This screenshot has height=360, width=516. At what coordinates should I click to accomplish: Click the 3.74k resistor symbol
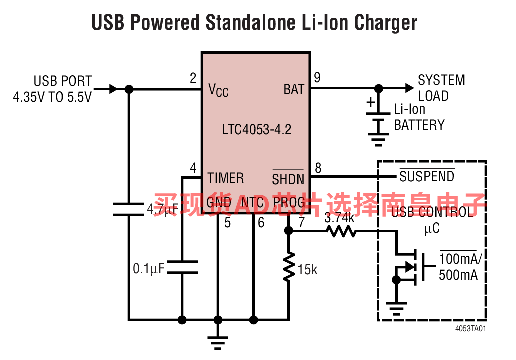(341, 231)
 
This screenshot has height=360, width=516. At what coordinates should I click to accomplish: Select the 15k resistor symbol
(288, 268)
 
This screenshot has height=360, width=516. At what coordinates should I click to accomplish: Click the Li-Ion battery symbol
(379, 123)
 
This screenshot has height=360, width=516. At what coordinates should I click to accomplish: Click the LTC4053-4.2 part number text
(256, 130)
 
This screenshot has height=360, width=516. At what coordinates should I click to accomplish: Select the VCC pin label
(218, 90)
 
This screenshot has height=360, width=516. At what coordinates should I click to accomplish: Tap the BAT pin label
(294, 90)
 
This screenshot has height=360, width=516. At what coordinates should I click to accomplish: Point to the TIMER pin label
(226, 178)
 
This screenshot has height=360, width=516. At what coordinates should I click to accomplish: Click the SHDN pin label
(288, 178)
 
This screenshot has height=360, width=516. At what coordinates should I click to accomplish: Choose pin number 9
(317, 78)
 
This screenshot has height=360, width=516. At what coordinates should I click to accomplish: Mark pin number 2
(193, 78)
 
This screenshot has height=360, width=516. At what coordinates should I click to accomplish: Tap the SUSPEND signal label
(427, 176)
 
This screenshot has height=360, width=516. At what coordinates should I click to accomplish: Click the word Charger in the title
(385, 23)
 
